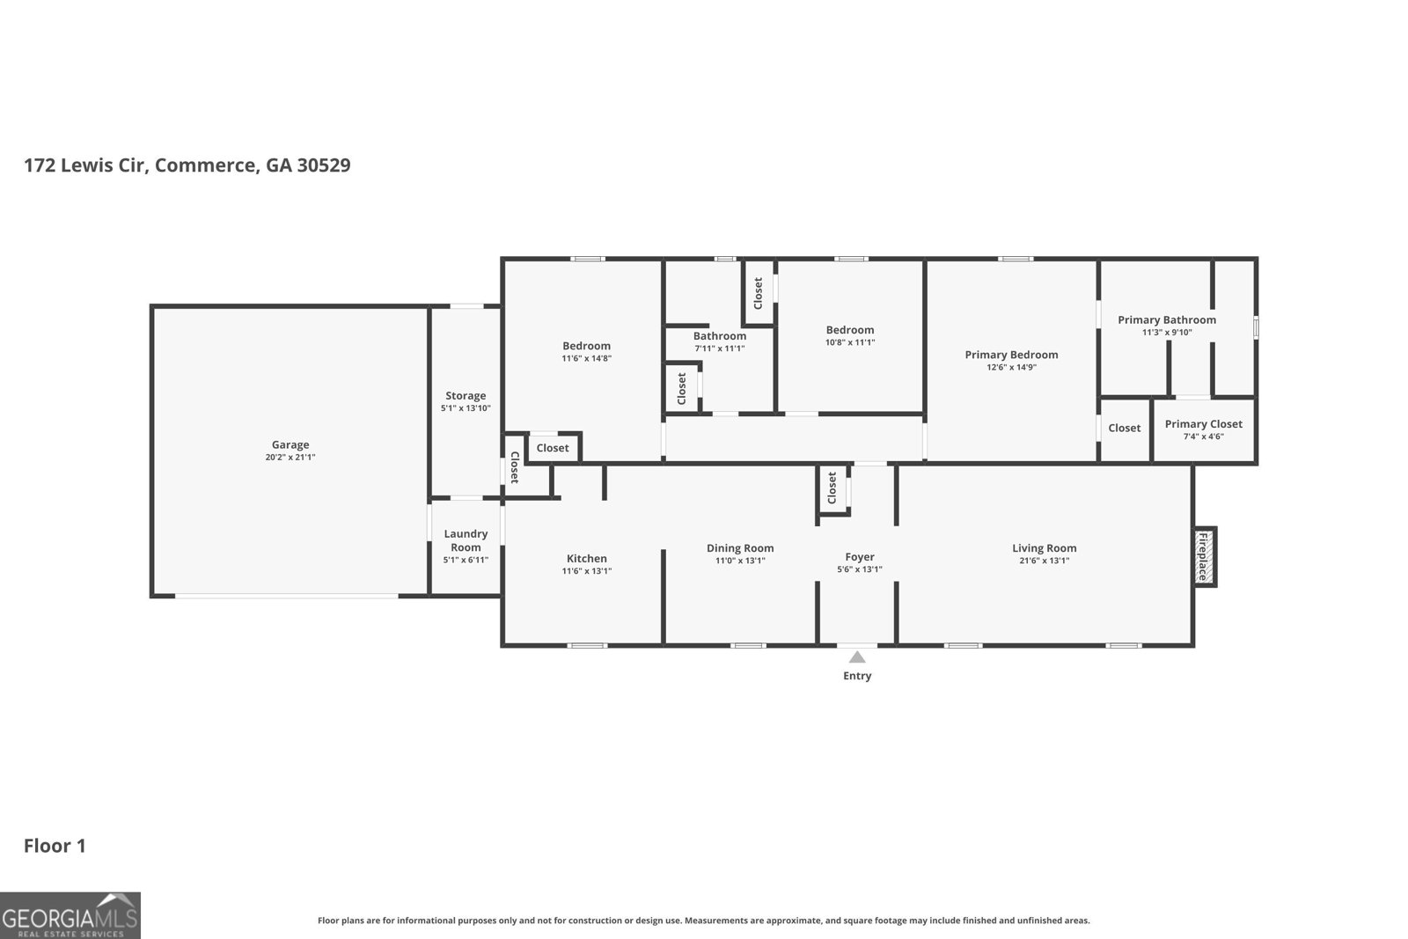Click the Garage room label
(x=290, y=445)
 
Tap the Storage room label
(x=466, y=396)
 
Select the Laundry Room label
(x=466, y=540)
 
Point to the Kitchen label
(x=586, y=559)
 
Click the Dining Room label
(x=740, y=548)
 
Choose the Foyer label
(x=859, y=557)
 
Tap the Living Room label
(x=1044, y=548)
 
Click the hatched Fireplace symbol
(x=1205, y=557)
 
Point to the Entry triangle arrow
(x=857, y=657)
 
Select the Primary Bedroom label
(x=1011, y=356)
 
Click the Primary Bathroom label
(x=1167, y=320)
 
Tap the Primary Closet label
(x=1203, y=424)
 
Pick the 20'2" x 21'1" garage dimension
(x=290, y=458)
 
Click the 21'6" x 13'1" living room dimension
(x=1044, y=561)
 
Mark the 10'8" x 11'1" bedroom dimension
(x=850, y=342)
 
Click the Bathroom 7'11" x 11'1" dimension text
(x=720, y=348)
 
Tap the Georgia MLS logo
(x=70, y=915)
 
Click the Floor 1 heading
(x=55, y=846)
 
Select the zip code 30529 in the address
(x=324, y=165)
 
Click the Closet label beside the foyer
(x=832, y=488)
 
